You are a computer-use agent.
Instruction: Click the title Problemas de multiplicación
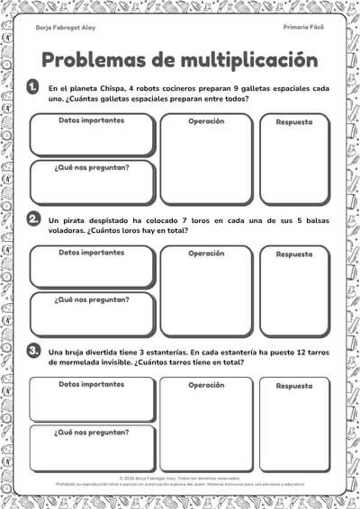[179, 60]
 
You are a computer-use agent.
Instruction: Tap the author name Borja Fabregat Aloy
[66, 28]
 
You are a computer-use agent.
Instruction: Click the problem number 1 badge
[33, 87]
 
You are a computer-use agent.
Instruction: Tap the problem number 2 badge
[33, 219]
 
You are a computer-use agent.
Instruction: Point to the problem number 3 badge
[33, 350]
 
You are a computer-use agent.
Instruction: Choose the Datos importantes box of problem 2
[92, 267]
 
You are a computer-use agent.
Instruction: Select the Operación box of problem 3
[206, 424]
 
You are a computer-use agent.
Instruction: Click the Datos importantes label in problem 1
[92, 121]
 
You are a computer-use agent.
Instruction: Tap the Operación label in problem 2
[206, 253]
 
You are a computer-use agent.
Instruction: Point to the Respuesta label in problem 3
[294, 385]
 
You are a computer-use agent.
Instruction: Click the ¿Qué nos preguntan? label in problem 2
[92, 299]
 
